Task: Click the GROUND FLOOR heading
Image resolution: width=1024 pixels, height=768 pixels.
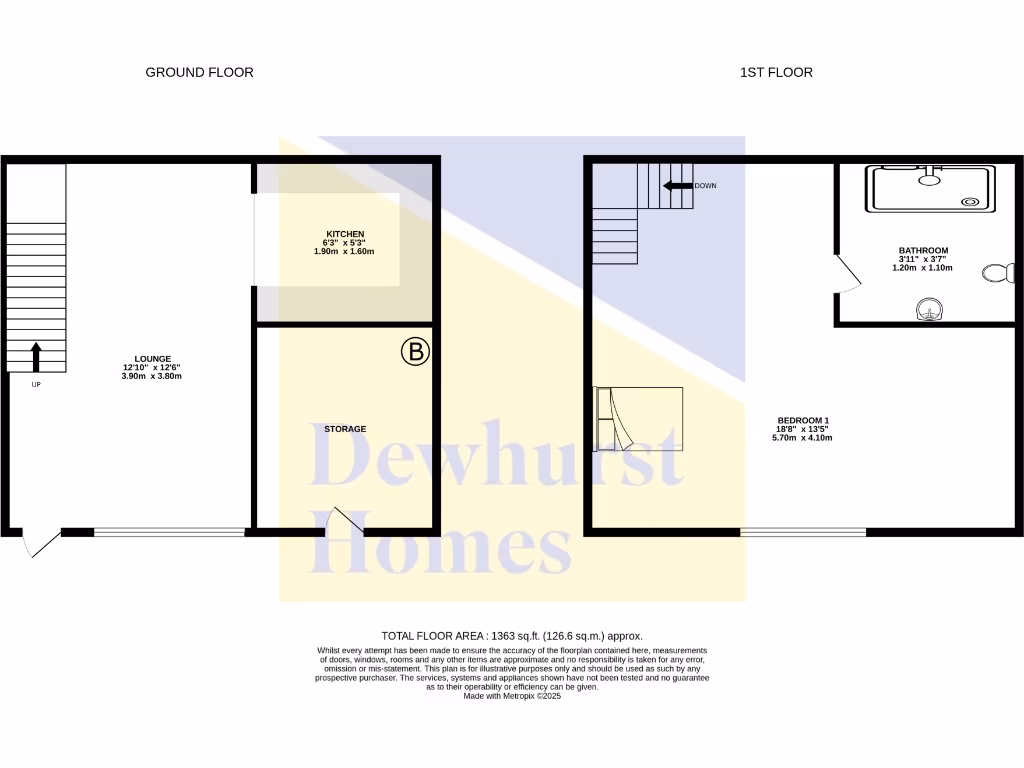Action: [199, 72]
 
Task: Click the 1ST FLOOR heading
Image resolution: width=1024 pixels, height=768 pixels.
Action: [776, 72]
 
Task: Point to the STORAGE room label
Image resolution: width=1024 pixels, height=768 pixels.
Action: [345, 429]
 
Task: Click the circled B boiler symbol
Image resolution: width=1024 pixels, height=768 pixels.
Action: [415, 352]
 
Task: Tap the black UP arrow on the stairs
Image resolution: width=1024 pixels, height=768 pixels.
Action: [36, 356]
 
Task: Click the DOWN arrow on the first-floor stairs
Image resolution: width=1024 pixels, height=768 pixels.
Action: [680, 186]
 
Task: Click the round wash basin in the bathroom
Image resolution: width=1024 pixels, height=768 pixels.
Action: [930, 310]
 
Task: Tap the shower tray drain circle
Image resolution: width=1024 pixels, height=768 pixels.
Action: [969, 201]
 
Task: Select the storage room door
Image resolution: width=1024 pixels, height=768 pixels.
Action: [345, 520]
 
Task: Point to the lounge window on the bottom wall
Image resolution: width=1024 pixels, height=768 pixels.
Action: [169, 532]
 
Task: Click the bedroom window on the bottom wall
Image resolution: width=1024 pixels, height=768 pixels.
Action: [803, 532]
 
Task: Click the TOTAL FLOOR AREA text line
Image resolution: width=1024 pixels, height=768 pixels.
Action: [511, 636]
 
